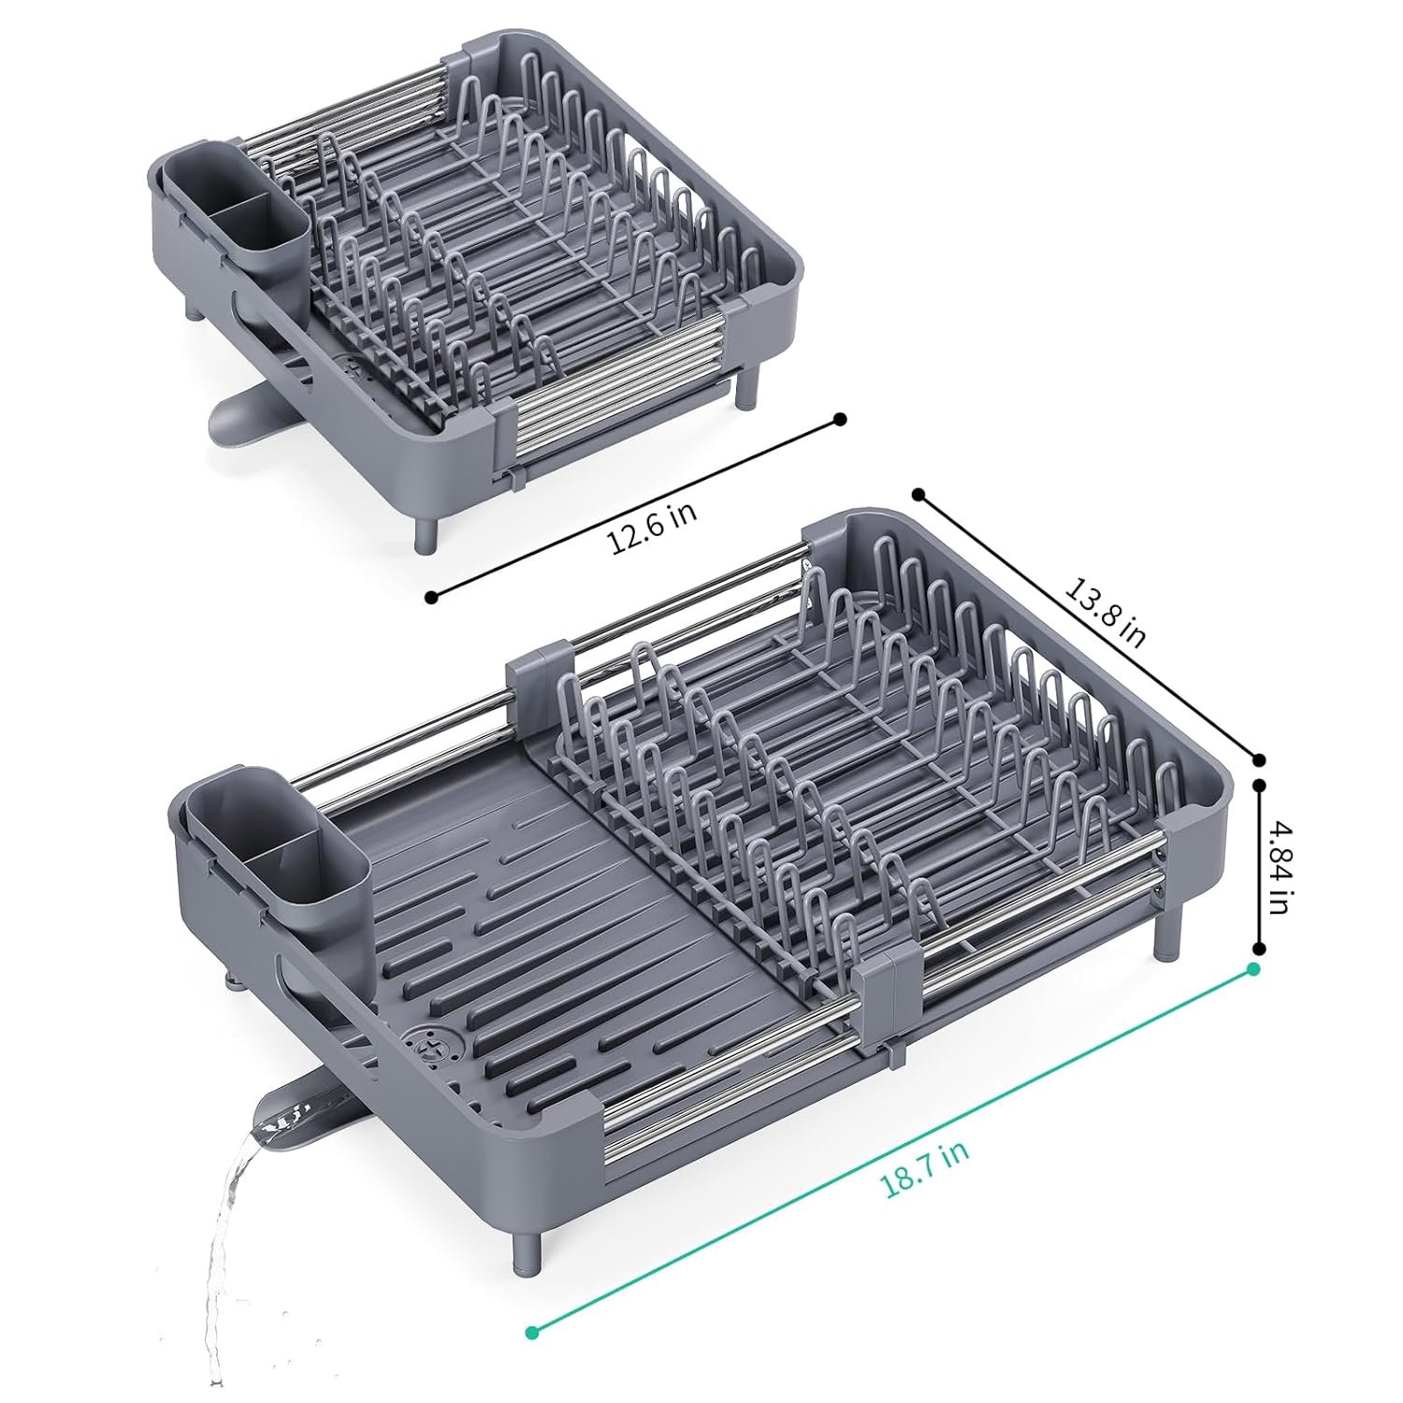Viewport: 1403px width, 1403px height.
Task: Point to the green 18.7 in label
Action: (x=924, y=1164)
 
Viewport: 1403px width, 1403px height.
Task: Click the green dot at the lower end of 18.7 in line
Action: (x=532, y=1331)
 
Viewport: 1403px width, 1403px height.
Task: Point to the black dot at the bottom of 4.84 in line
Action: (x=1259, y=949)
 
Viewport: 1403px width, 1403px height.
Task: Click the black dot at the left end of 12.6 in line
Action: (x=431, y=596)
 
